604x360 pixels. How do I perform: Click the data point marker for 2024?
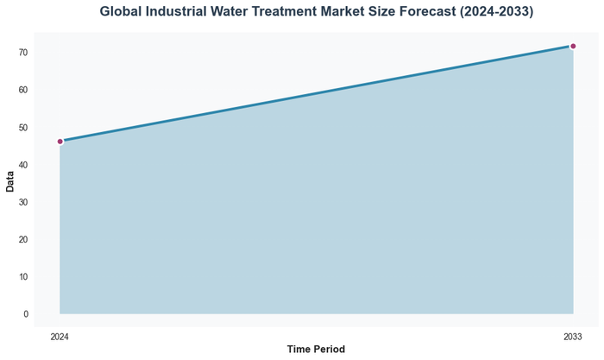[60, 142]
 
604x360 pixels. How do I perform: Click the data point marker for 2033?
[573, 47]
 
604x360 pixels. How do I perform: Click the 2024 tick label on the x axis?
[60, 336]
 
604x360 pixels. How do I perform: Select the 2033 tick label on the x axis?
[573, 336]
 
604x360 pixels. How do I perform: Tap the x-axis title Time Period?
[316, 350]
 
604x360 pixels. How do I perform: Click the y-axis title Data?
[10, 181]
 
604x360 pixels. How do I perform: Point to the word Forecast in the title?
[459, 12]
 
